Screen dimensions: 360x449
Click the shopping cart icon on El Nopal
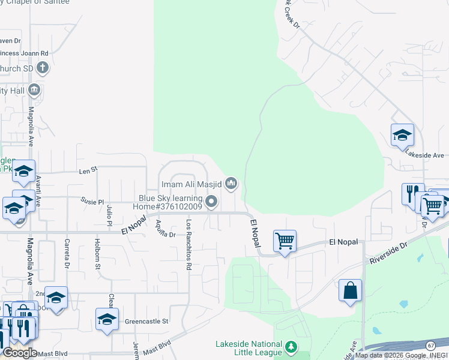(x=285, y=241)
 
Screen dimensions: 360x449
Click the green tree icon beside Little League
(x=291, y=347)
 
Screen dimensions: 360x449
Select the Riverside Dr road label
(x=388, y=253)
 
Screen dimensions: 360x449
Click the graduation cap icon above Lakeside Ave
(x=402, y=136)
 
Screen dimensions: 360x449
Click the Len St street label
(x=88, y=171)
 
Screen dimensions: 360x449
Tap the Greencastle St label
(x=147, y=321)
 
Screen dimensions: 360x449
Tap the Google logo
(x=20, y=353)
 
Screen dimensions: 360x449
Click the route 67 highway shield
(x=430, y=346)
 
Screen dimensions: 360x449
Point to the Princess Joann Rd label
(x=24, y=53)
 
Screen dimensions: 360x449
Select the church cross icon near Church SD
(x=43, y=68)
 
